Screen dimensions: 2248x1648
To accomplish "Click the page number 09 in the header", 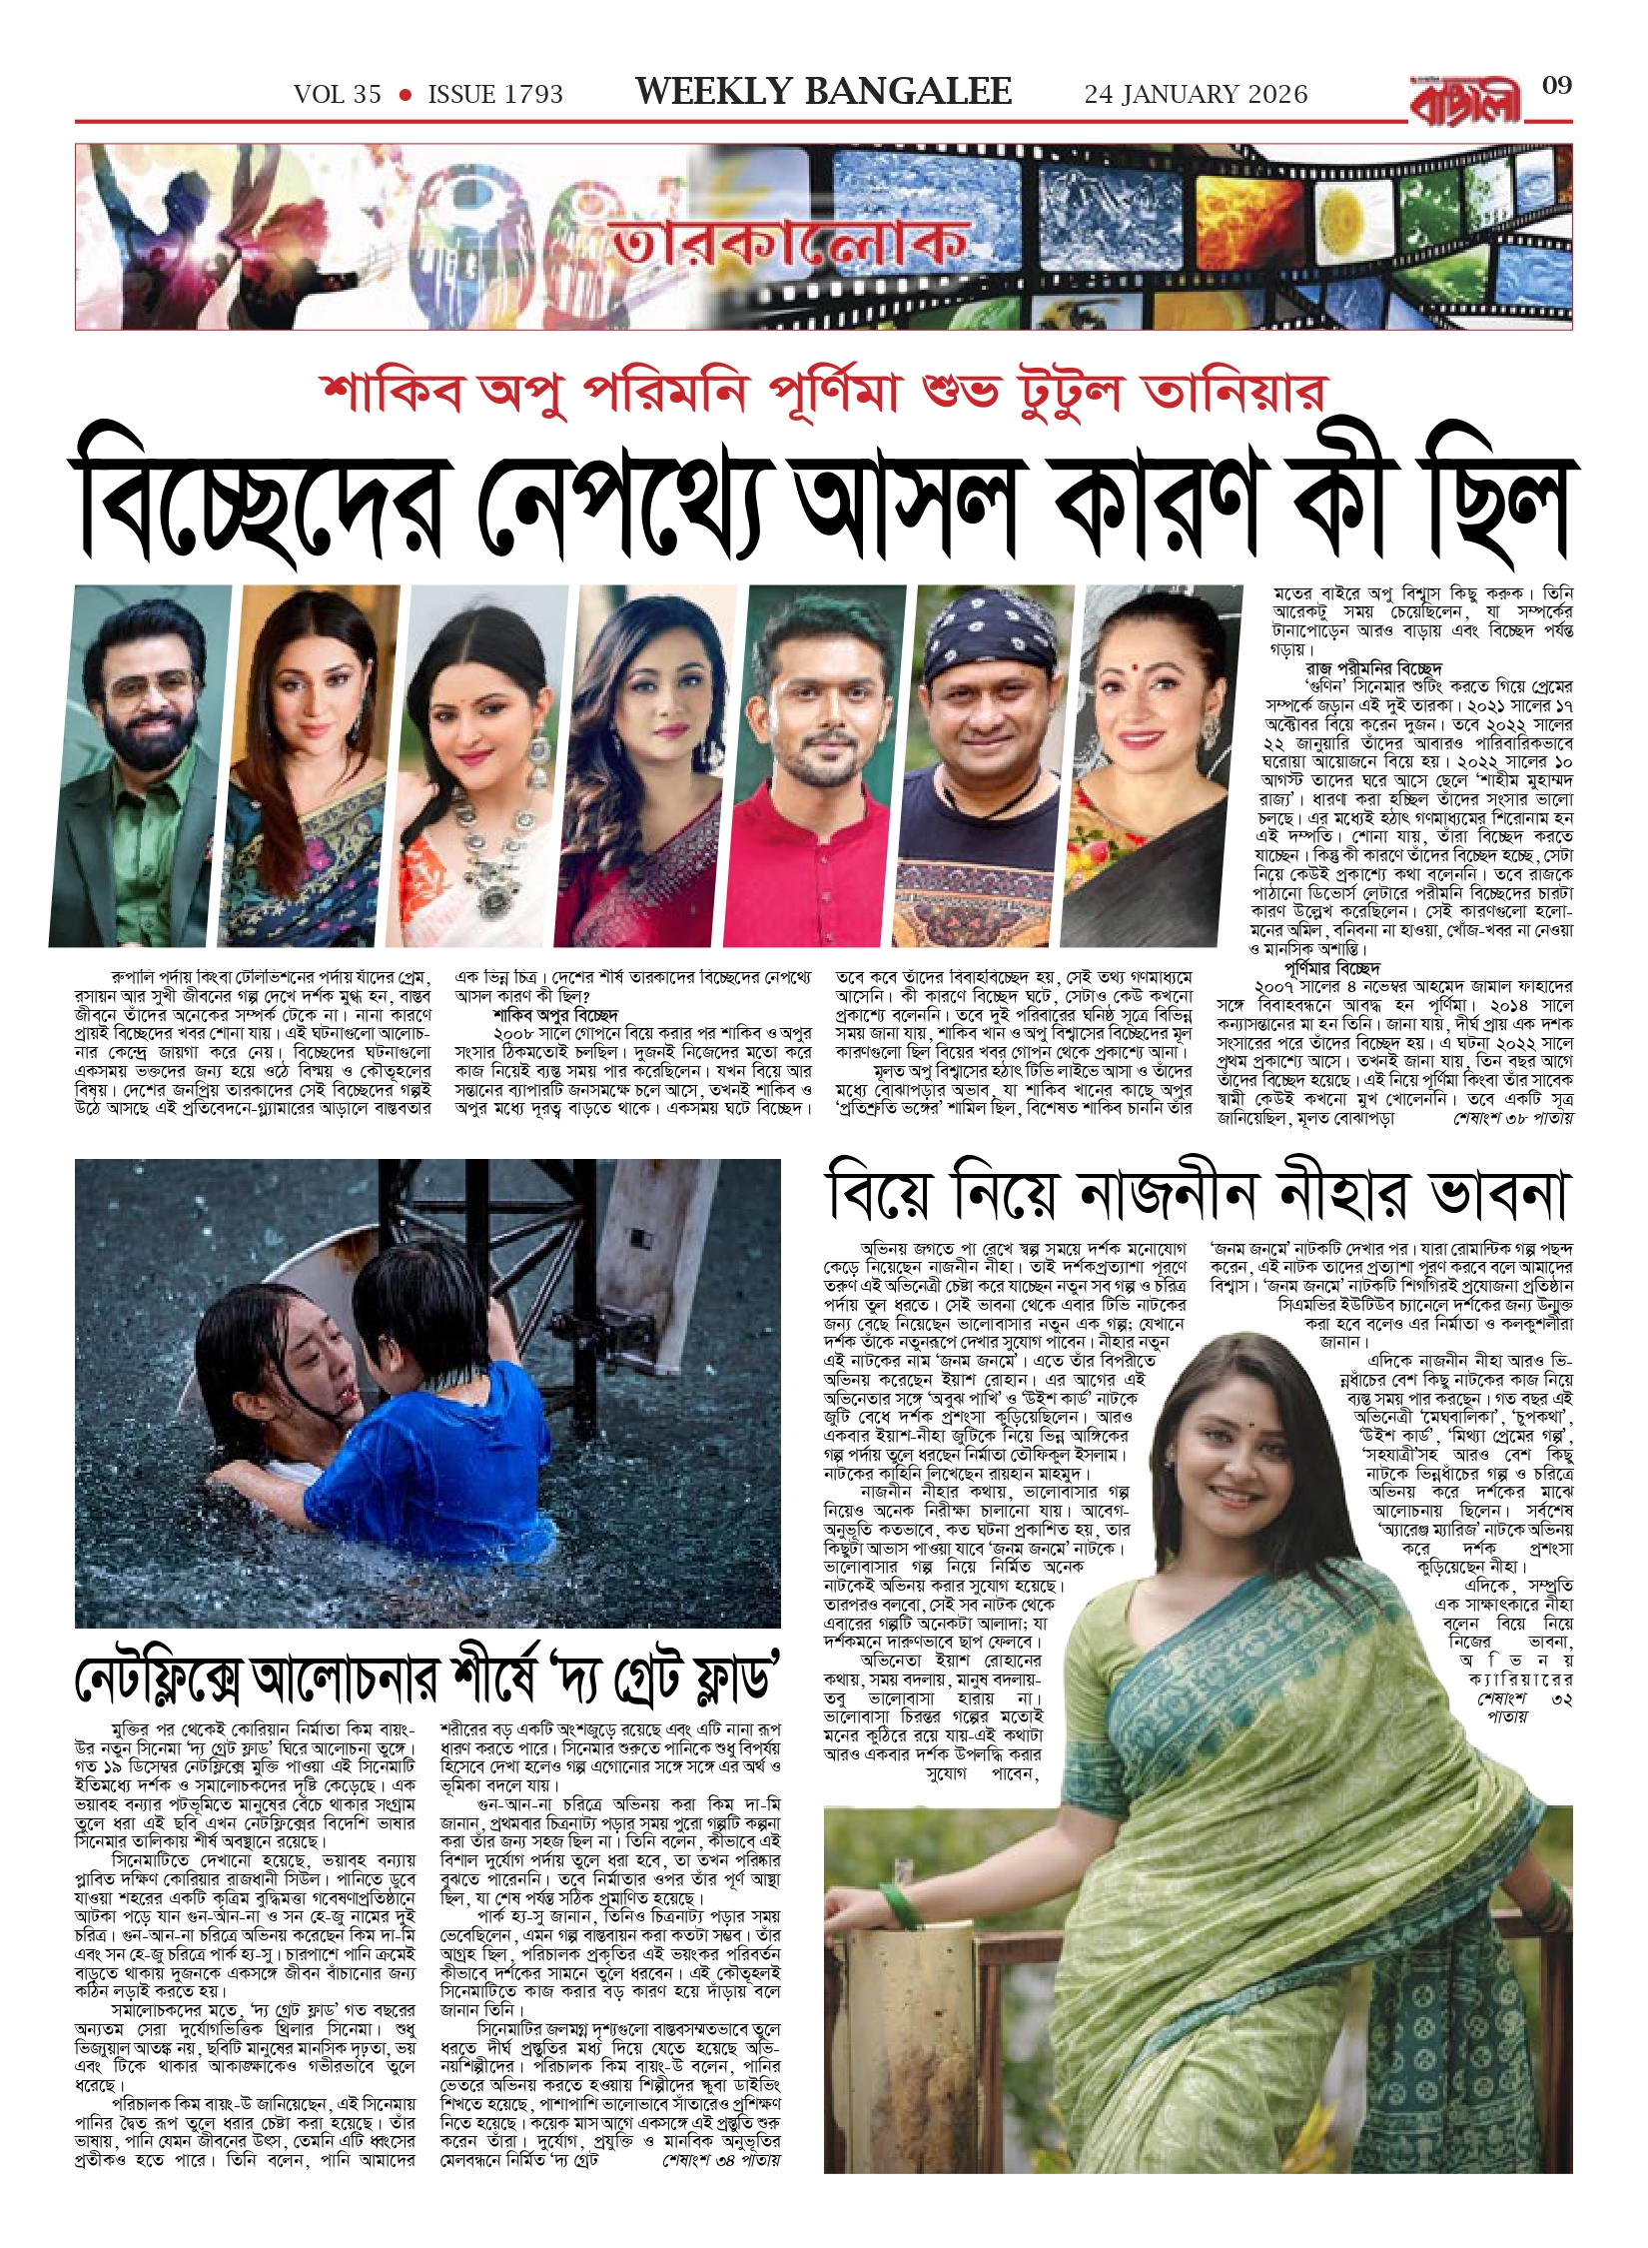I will click(1556, 86).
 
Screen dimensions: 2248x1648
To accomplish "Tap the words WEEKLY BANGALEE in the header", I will click(823, 93).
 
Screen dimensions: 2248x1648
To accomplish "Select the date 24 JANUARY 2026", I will click(1196, 95).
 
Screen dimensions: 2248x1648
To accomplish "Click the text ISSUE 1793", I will click(495, 95).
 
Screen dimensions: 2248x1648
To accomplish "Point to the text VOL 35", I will click(338, 95).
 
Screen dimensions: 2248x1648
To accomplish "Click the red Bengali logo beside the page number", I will click(1466, 101).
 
